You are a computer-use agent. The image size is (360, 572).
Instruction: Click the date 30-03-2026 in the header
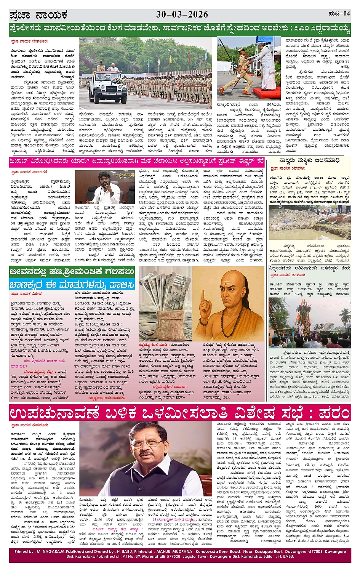[x=182, y=14]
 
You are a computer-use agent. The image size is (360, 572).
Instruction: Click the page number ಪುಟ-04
[x=339, y=14]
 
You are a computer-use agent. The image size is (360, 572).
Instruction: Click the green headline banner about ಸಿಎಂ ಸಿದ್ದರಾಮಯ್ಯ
[x=180, y=28]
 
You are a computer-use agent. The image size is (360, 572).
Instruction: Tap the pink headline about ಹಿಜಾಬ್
[x=136, y=161]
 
